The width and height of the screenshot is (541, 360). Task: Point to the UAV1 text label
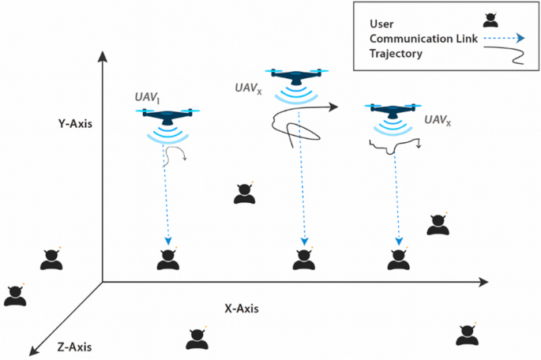pyautogui.click(x=147, y=97)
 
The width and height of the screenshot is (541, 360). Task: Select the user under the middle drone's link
pyautogui.click(x=302, y=259)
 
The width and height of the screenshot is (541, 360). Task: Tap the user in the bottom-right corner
pyautogui.click(x=467, y=336)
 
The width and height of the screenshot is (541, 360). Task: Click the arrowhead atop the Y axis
pyautogui.click(x=102, y=57)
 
